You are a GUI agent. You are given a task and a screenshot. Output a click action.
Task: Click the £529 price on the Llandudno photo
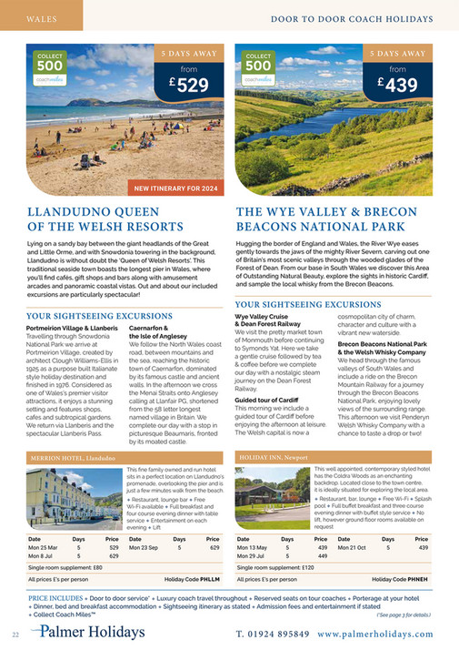click(x=185, y=86)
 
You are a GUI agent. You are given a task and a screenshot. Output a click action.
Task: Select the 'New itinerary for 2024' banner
click(x=176, y=188)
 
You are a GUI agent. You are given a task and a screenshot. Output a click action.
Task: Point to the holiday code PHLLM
click(x=210, y=578)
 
